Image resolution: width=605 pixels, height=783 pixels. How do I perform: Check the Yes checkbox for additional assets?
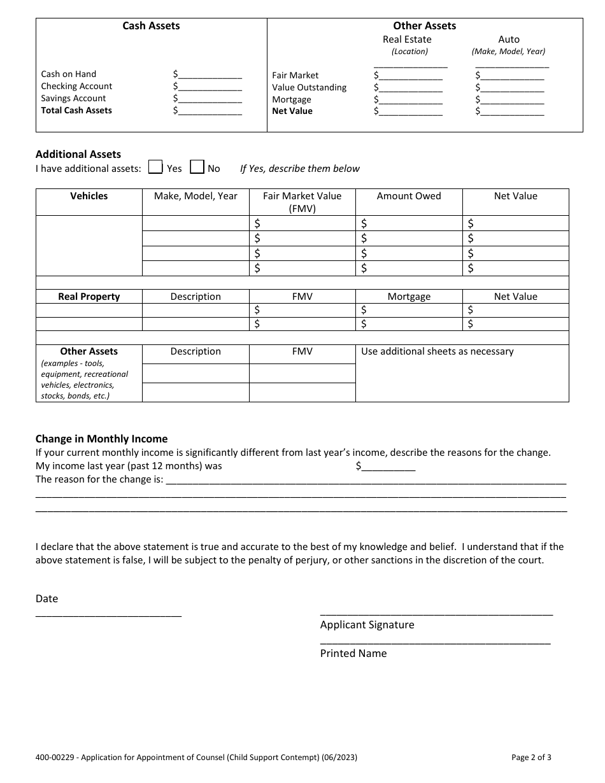click(155, 167)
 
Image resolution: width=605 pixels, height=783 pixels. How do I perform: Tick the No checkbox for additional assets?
click(197, 167)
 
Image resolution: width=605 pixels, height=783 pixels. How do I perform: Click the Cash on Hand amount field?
click(210, 74)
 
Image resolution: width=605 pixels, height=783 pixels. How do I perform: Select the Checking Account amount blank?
click(210, 87)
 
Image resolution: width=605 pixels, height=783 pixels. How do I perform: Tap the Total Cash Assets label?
click(76, 110)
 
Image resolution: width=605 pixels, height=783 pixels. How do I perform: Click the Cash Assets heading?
click(151, 26)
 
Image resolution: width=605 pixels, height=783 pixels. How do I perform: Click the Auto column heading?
click(508, 39)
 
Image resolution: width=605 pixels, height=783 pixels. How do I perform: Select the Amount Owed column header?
click(409, 196)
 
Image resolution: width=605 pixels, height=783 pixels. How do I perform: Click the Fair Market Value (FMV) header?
click(302, 202)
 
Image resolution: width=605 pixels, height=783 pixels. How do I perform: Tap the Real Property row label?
click(89, 297)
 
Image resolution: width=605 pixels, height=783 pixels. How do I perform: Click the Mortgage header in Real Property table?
click(409, 297)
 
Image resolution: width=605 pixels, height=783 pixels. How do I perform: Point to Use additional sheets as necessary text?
click(437, 351)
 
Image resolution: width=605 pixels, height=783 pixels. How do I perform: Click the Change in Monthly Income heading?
click(101, 439)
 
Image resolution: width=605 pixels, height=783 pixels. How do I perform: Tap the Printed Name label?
click(353, 653)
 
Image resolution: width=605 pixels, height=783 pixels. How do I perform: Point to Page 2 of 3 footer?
click(531, 758)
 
